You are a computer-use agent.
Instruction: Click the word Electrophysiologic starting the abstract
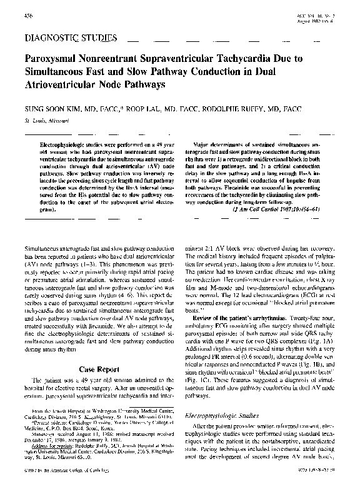click(62, 143)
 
